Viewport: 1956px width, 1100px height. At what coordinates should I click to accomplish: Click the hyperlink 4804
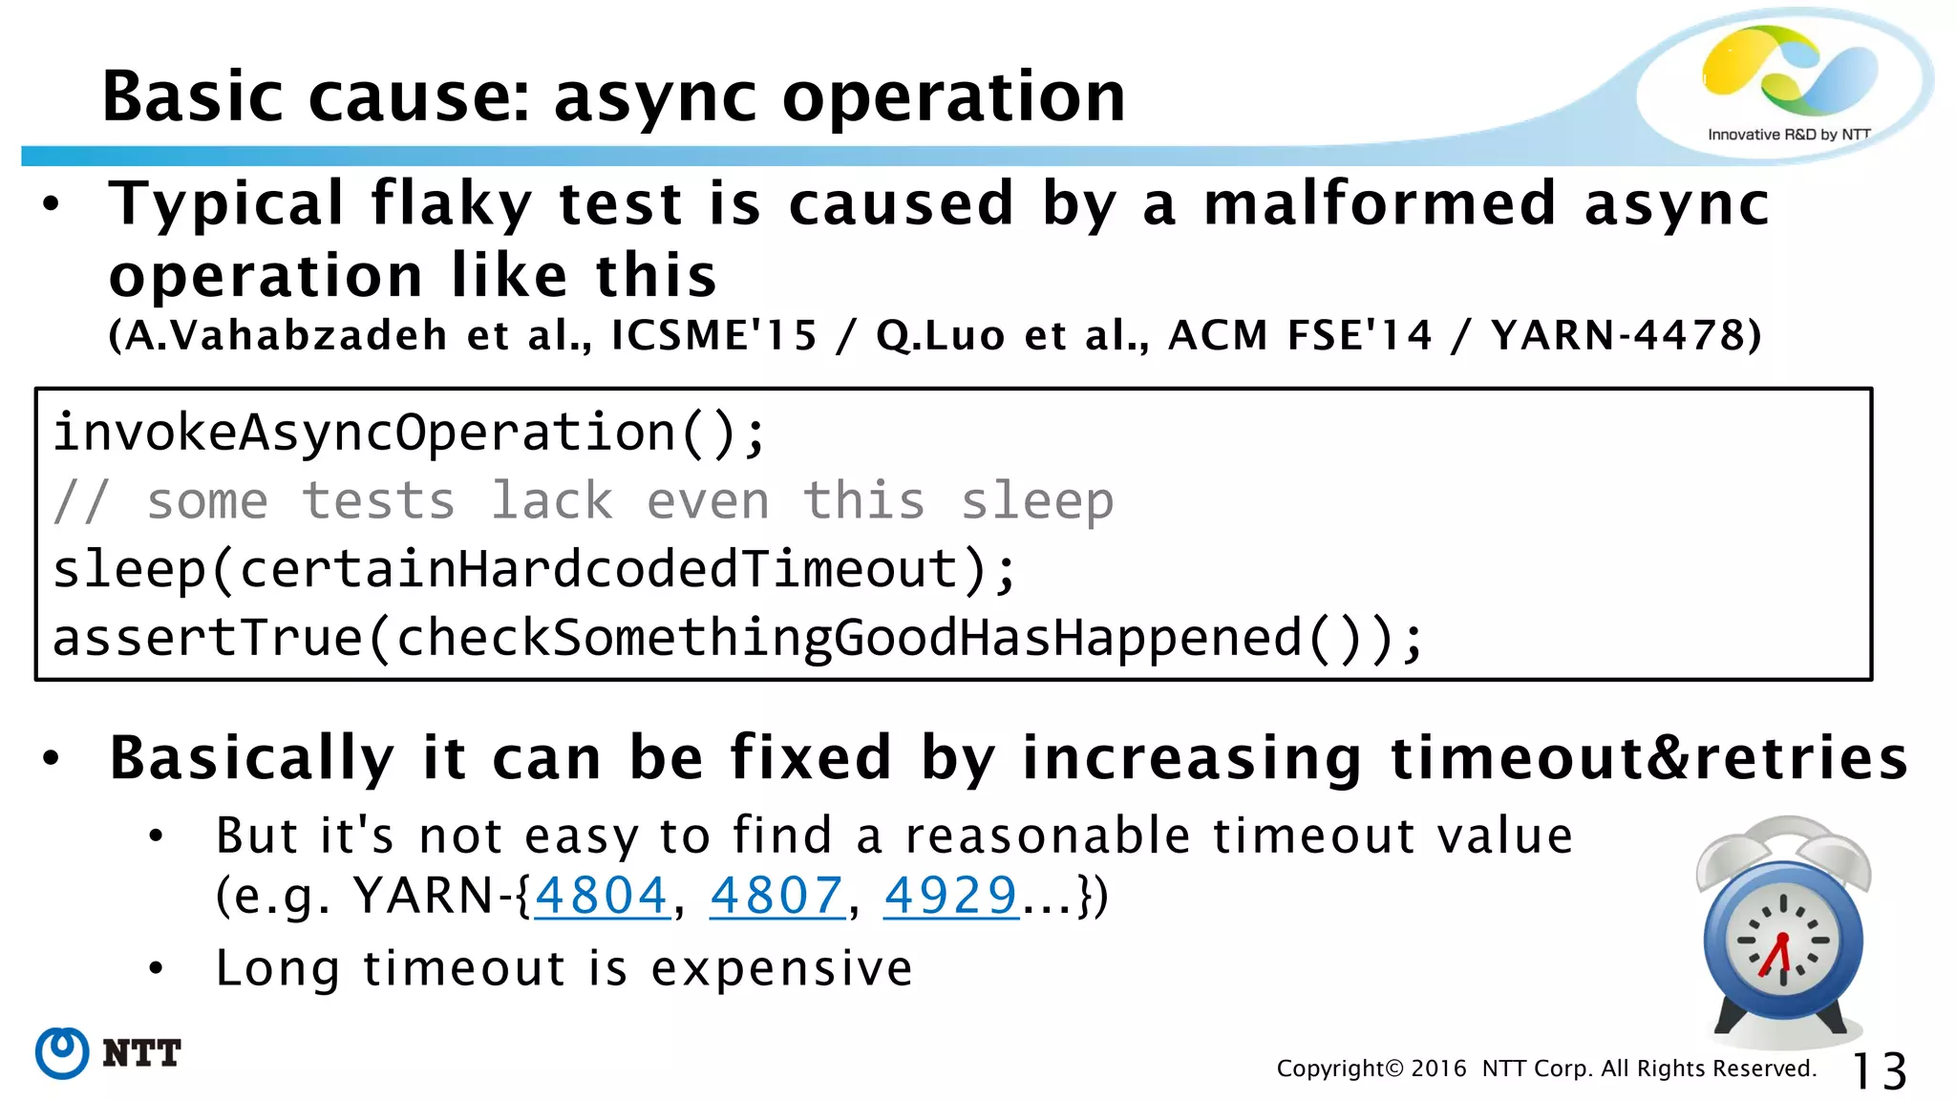(x=601, y=896)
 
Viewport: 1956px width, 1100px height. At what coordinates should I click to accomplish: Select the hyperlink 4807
(x=776, y=896)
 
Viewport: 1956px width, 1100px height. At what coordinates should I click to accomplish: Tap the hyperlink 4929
(x=951, y=896)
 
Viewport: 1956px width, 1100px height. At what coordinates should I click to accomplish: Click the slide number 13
(x=1879, y=1070)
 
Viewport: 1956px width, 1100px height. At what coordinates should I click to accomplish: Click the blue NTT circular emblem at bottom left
(x=62, y=1053)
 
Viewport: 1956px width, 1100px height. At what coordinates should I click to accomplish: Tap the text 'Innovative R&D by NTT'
(x=1788, y=135)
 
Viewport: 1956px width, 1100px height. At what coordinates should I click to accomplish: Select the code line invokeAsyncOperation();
(x=409, y=433)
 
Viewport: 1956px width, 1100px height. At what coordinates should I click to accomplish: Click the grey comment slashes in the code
(x=81, y=501)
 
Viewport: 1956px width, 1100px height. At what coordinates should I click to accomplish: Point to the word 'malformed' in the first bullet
(x=1379, y=204)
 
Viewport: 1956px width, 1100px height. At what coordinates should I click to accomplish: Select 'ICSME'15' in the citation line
(x=713, y=335)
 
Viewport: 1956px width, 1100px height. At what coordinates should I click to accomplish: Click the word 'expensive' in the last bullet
(x=781, y=969)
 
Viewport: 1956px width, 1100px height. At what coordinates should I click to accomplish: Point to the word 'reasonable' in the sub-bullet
(x=1048, y=836)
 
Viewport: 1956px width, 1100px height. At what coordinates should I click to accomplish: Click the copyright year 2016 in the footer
(x=1438, y=1068)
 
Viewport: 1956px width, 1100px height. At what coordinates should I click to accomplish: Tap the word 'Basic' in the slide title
(x=192, y=97)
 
